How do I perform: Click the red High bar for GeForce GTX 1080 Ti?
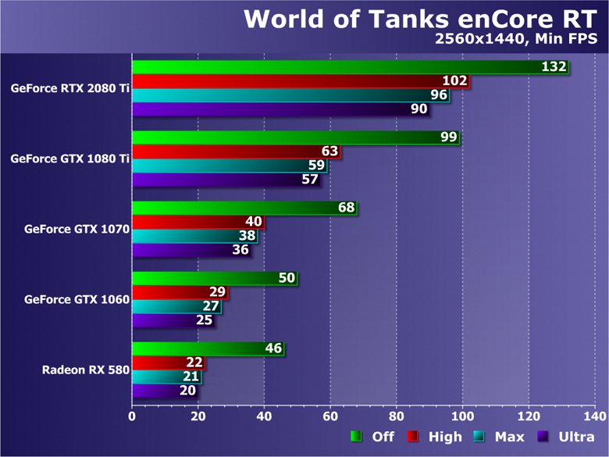[x=234, y=151]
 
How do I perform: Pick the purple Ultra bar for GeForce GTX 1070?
[x=187, y=250]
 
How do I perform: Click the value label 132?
[x=554, y=67]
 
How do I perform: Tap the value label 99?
[x=448, y=137]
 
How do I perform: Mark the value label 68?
[x=346, y=208]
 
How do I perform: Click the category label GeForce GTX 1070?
[x=77, y=230]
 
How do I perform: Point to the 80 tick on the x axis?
[x=397, y=416]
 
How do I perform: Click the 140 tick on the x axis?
[x=595, y=416]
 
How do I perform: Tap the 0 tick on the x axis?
[x=132, y=416]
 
